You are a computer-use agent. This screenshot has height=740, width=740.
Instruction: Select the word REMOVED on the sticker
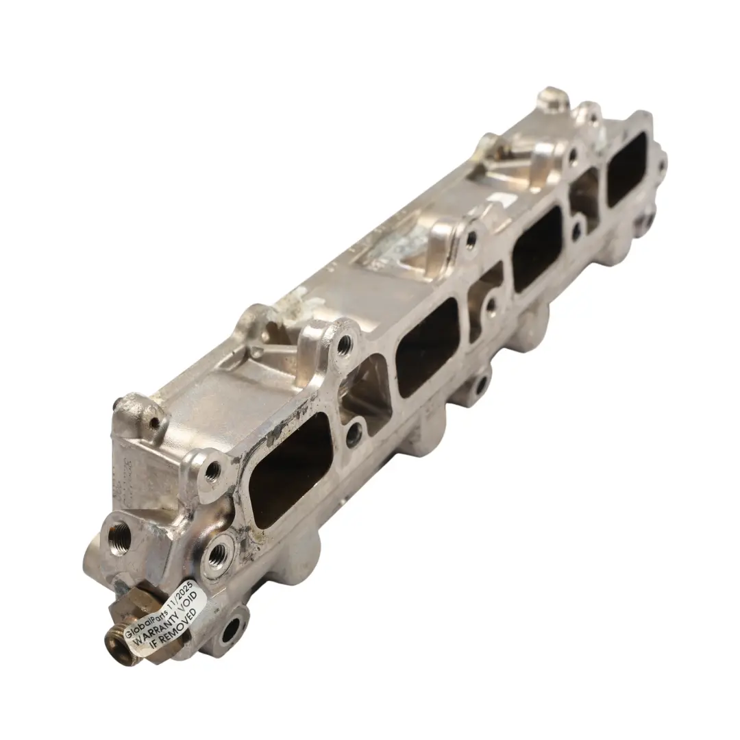182,622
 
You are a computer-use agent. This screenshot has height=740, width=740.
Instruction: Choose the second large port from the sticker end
427,347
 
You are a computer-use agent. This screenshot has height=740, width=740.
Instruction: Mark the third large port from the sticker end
537,248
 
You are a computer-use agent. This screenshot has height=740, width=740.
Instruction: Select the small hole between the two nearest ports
354,434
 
